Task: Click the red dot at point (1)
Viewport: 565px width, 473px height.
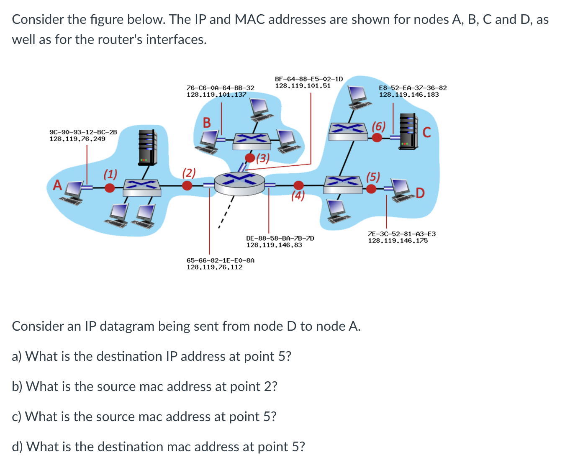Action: (110, 188)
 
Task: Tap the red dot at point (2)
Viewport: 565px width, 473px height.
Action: (187, 185)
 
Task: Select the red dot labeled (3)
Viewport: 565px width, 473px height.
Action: (250, 158)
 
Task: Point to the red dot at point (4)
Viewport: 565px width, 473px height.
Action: (298, 185)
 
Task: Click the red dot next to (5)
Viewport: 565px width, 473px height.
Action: (371, 189)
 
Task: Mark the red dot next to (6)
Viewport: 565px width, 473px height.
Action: (377, 137)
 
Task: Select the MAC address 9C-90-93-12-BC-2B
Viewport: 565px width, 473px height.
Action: (83, 132)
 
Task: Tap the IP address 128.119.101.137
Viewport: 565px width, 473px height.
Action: (216, 95)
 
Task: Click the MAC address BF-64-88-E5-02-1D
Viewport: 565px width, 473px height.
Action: (309, 79)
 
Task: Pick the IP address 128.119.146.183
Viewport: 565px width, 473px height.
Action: (409, 95)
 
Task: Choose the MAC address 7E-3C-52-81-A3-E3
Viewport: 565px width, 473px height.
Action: (402, 234)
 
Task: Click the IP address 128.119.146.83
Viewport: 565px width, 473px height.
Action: (274, 245)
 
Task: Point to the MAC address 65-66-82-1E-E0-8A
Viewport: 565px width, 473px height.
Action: (220, 260)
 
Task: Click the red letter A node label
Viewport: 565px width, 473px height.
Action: (57, 185)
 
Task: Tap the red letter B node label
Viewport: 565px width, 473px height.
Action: (207, 122)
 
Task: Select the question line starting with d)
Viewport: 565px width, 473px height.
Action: (158, 447)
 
